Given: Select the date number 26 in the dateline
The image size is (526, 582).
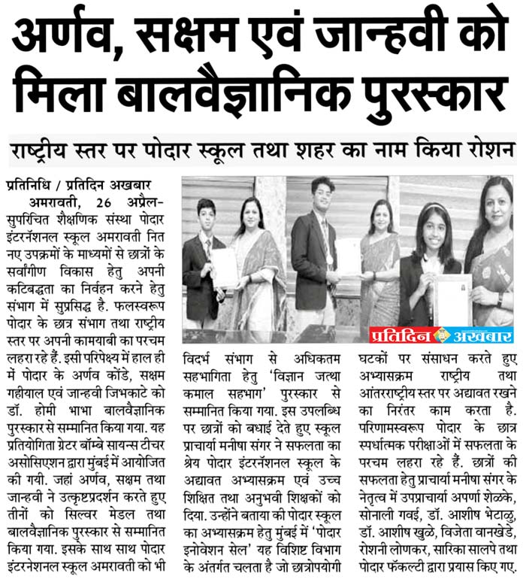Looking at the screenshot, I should (x=106, y=203).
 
